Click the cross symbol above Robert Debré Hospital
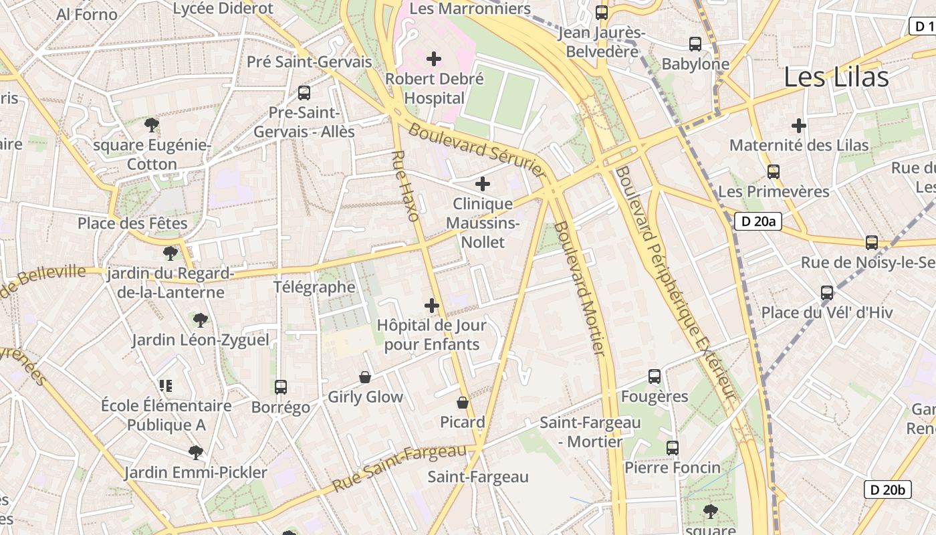coord(434,59)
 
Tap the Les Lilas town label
coord(836,78)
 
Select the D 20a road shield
coord(758,221)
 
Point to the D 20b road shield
coord(888,490)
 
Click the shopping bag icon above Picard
coord(462,403)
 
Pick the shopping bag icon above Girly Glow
coord(365,377)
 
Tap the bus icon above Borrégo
coord(281,387)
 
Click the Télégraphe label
coord(314,287)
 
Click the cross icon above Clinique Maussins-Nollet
coord(483,184)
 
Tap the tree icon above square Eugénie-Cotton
coord(152,124)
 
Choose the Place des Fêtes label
coord(132,223)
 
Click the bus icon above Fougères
coord(655,377)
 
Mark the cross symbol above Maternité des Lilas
coord(798,125)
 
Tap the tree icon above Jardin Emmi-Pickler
coord(195,453)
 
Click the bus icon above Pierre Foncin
coord(673,447)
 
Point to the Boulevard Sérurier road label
coord(477,150)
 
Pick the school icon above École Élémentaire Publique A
coord(166,385)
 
